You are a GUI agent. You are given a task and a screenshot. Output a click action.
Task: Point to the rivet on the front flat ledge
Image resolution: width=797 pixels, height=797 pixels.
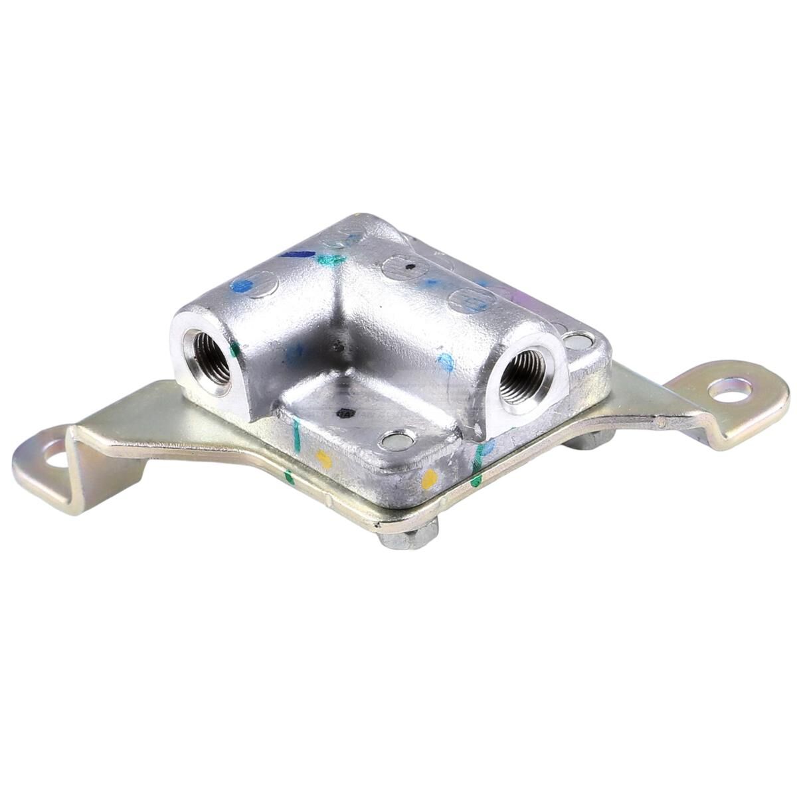point(397,438)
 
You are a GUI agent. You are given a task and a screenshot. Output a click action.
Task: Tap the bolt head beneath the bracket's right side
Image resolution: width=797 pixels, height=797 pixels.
point(588,440)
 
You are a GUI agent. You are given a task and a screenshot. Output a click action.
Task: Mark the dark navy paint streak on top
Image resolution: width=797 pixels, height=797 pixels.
point(297,254)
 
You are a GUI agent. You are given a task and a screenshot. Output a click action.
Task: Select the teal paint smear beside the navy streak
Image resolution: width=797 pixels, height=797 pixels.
point(330,260)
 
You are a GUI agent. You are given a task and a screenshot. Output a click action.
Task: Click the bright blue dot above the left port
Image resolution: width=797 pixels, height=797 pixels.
point(242,286)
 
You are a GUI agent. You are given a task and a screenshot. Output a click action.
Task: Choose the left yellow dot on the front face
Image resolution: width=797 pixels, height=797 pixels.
point(323,458)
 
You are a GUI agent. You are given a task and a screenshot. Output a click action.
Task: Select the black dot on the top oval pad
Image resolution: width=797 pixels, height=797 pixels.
point(410,267)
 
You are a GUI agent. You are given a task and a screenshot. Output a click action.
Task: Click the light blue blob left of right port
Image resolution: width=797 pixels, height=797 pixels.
point(446,361)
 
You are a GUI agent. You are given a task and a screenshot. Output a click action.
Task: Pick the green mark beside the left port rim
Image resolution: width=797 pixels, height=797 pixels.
point(234,349)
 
